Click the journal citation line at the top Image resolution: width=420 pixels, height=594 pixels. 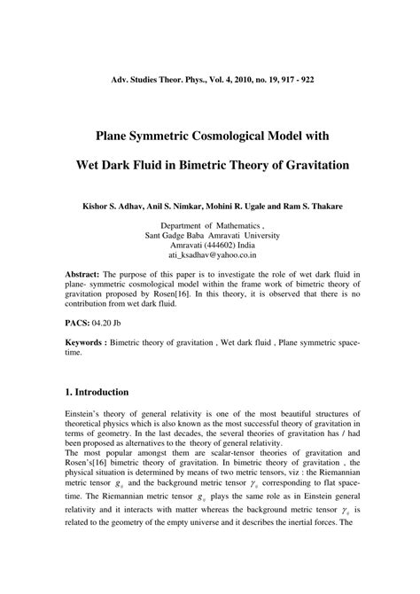210,79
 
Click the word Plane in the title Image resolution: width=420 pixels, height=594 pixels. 121,137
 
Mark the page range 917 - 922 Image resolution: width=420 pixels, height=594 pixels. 288,79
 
